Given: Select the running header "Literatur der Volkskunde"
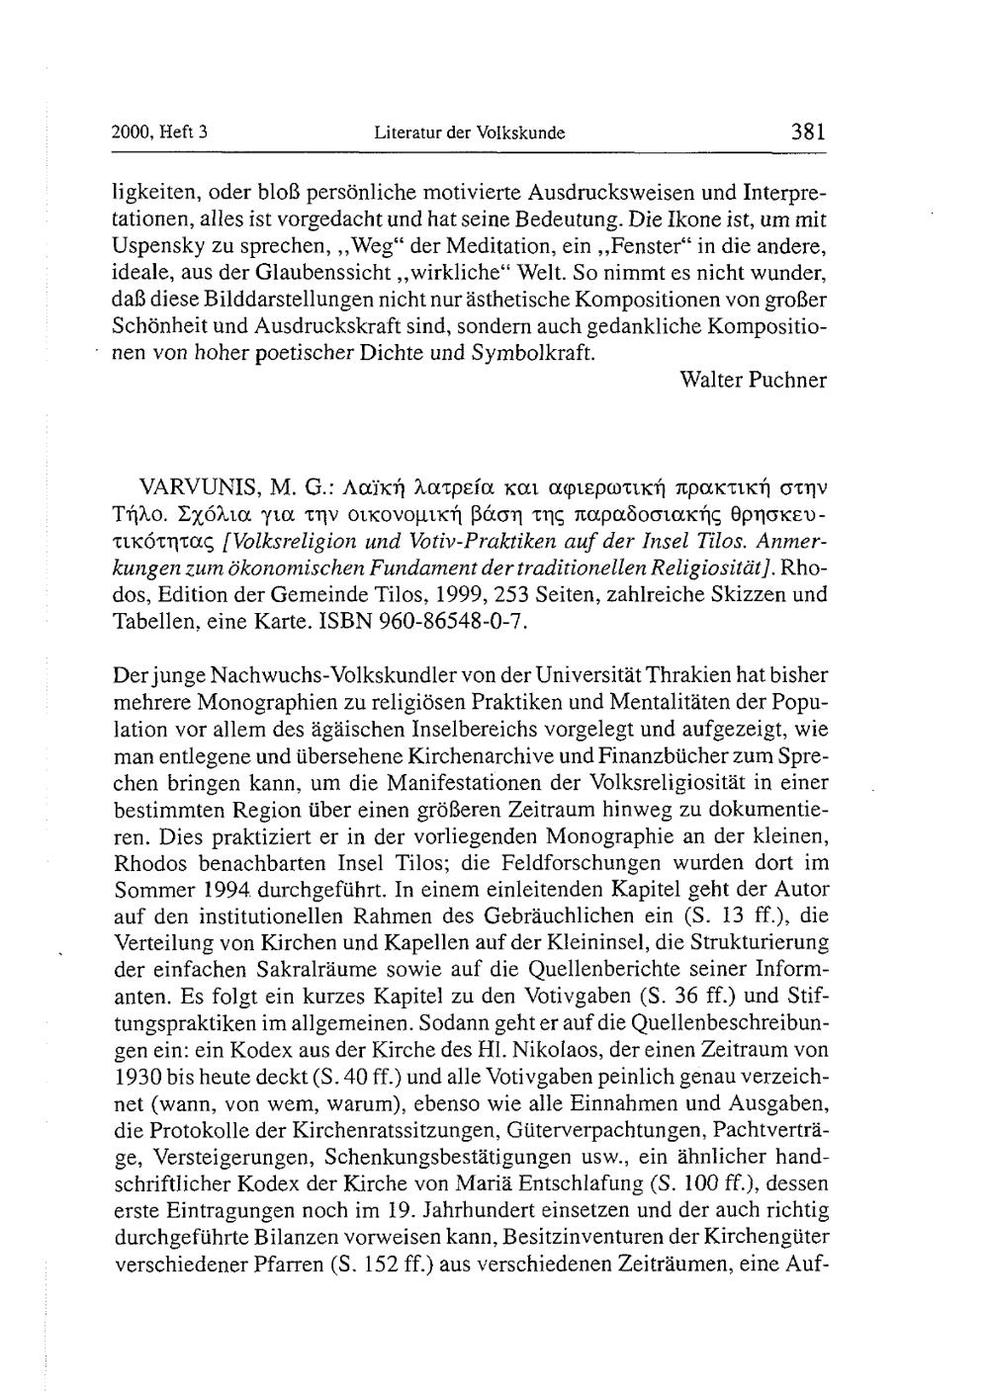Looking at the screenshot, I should click(x=470, y=132).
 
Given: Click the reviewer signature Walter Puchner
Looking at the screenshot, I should click(x=754, y=380).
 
